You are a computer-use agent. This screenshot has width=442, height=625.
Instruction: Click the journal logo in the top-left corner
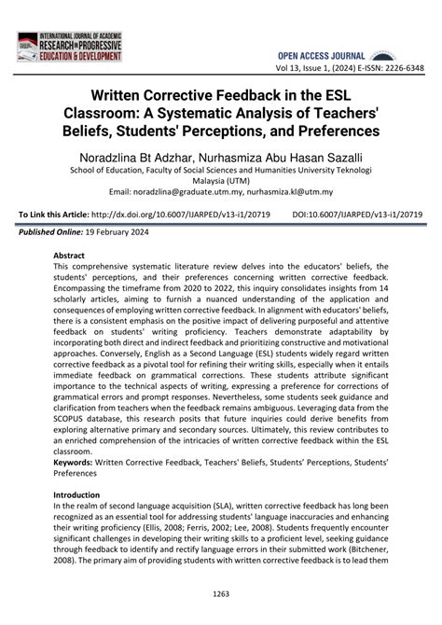(71, 47)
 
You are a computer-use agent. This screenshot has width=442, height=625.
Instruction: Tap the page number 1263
(221, 592)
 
